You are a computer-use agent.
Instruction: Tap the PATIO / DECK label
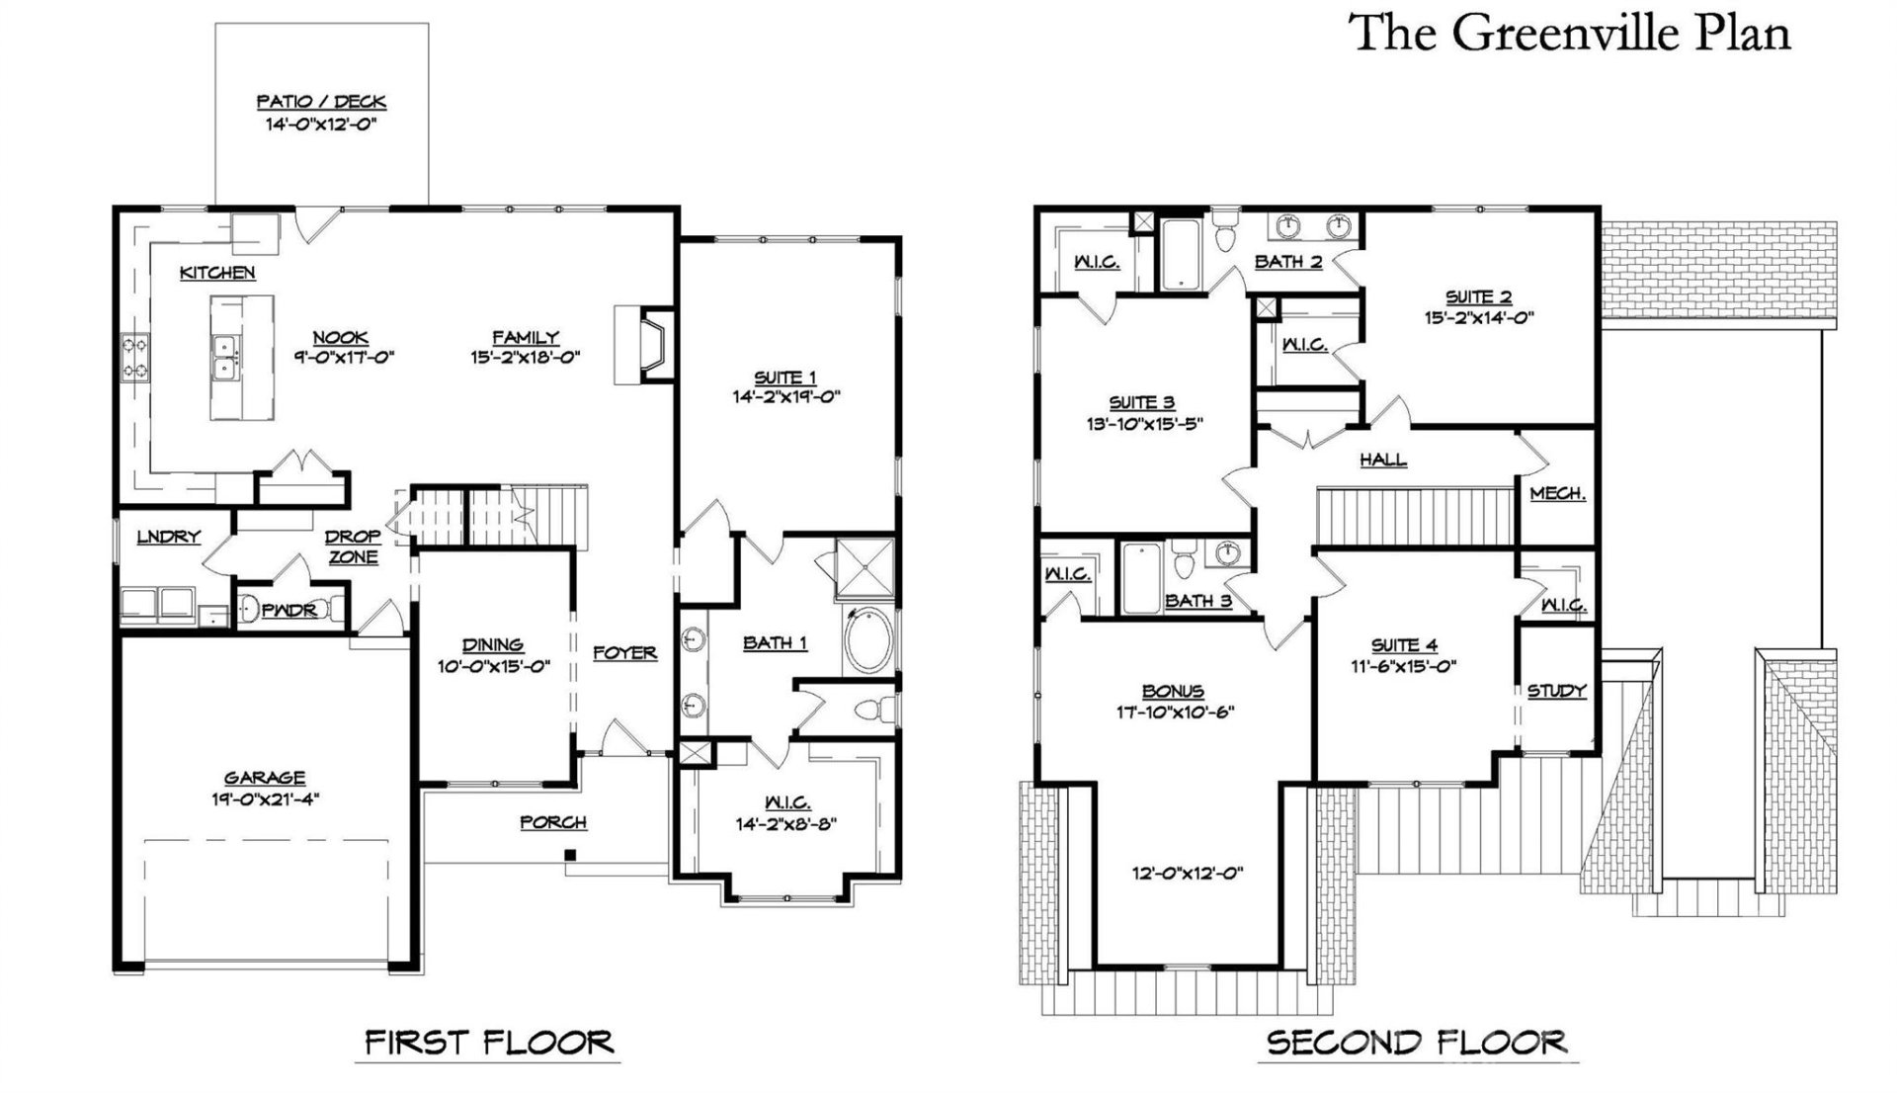(x=321, y=102)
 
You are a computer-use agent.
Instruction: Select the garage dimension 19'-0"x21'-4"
(x=264, y=799)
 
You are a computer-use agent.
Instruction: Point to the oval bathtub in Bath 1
(x=869, y=641)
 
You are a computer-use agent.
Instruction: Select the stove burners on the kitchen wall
(x=135, y=358)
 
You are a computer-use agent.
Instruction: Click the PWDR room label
(x=289, y=611)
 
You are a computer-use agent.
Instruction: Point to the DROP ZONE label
(x=353, y=546)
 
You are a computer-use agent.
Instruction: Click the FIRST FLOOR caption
(x=489, y=1043)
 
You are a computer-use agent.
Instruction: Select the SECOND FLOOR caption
(x=1416, y=1043)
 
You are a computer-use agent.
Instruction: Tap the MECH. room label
(x=1557, y=494)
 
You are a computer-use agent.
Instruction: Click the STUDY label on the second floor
(x=1556, y=692)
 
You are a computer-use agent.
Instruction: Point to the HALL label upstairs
(x=1382, y=460)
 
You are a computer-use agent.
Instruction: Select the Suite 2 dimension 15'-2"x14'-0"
(x=1478, y=318)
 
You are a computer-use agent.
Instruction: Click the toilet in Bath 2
(x=1226, y=233)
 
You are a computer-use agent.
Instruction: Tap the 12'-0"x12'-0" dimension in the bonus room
(x=1187, y=874)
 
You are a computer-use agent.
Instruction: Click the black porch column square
(x=570, y=855)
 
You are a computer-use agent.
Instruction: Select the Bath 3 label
(x=1197, y=601)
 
